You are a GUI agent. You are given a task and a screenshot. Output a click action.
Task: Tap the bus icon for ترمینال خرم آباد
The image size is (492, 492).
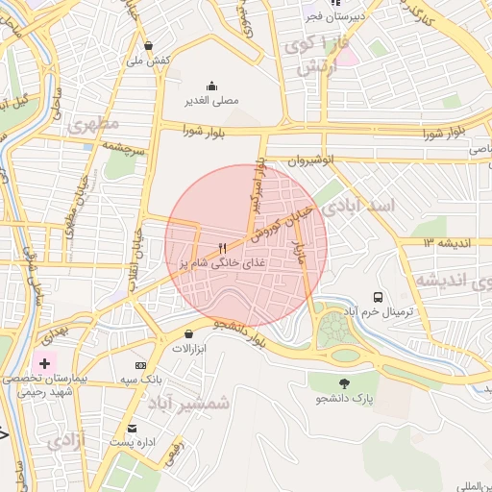click(378, 298)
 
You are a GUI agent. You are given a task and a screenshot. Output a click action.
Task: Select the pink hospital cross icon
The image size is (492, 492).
click(43, 364)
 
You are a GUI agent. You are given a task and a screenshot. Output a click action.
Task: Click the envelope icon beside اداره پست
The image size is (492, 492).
click(133, 428)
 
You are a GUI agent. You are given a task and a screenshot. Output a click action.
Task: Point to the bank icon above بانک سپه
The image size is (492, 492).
click(141, 365)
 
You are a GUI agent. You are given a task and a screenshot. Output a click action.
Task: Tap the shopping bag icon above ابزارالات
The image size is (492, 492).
click(187, 333)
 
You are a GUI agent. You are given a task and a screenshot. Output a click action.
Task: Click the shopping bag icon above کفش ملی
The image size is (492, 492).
click(148, 45)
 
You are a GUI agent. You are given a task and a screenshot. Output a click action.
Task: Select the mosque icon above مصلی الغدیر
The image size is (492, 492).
click(211, 85)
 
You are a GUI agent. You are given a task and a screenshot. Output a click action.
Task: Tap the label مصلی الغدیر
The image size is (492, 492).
click(211, 99)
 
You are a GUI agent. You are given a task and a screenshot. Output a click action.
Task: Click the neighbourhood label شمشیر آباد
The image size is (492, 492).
click(196, 403)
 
